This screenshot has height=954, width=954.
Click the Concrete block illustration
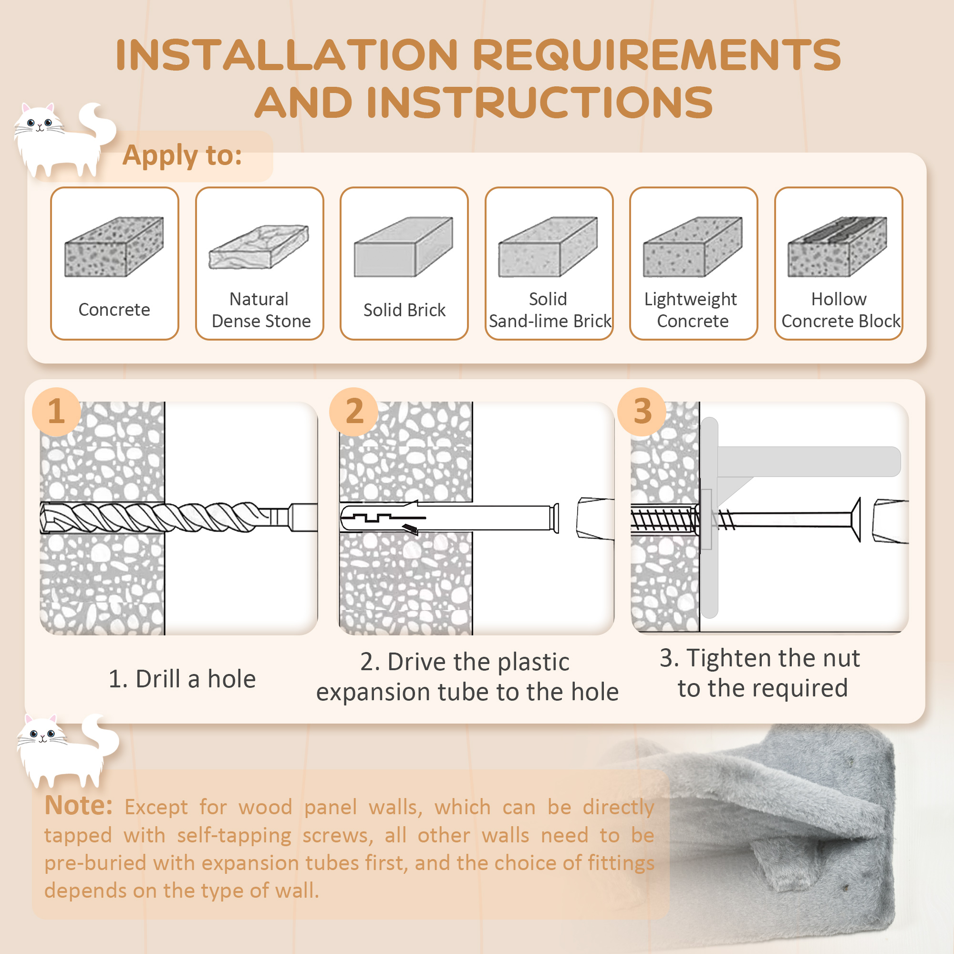click(x=114, y=247)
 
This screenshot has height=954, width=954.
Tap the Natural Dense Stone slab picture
click(x=259, y=247)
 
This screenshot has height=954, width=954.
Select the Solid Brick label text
click(x=404, y=310)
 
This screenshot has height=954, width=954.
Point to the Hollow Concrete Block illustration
click(x=838, y=247)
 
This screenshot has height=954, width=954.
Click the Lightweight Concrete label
click(x=692, y=310)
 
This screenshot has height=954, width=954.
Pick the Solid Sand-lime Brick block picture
click(x=548, y=247)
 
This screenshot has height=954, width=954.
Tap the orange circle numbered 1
click(x=56, y=411)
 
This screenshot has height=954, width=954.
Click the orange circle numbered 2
click(x=354, y=411)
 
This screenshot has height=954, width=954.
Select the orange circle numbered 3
click(x=642, y=411)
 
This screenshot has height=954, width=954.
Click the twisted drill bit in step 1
click(x=179, y=517)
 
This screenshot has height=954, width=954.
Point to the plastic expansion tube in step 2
click(x=450, y=518)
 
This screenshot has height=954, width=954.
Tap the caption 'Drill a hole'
click(x=196, y=679)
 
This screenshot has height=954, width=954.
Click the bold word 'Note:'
click(x=79, y=805)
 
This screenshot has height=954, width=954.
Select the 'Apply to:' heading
click(x=182, y=156)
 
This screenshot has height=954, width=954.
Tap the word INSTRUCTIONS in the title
click(x=539, y=102)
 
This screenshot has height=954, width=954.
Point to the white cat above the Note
click(x=68, y=750)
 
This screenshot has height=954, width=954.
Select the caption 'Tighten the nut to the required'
click(x=760, y=673)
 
